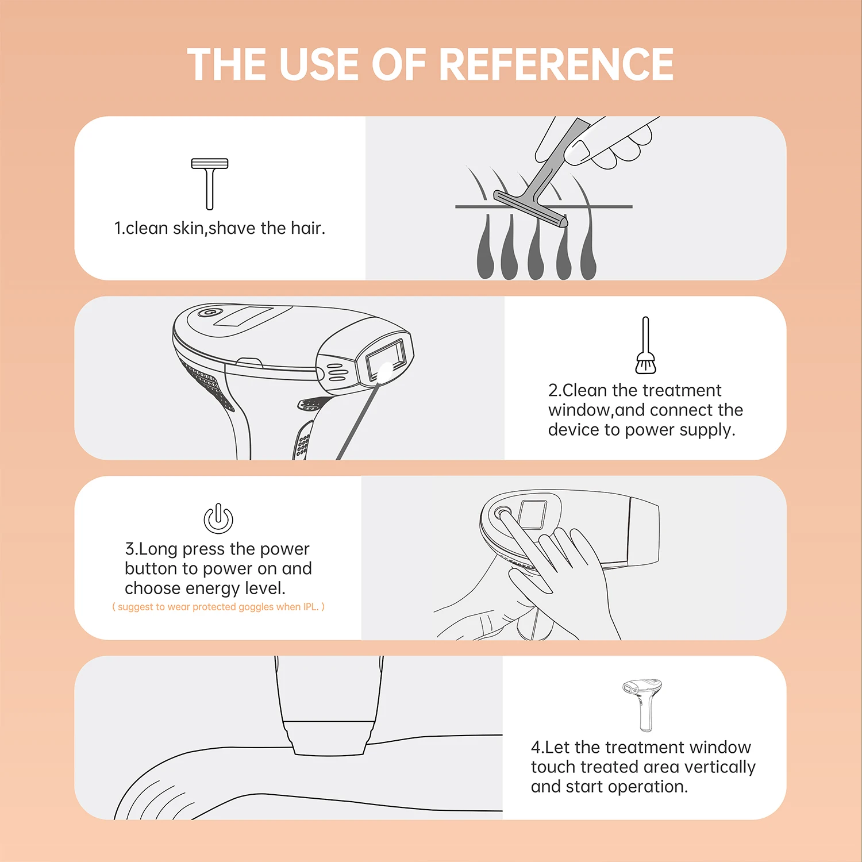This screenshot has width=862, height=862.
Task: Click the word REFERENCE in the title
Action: point(556,64)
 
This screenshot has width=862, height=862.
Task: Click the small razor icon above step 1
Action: point(210,183)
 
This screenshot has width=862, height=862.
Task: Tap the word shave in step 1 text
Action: point(232,229)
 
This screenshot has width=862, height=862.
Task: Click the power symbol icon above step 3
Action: point(218,518)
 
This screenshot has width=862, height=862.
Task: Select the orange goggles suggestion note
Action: point(218,607)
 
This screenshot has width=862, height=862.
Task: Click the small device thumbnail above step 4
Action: point(643,703)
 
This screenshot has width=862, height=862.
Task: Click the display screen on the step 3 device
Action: point(532,514)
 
